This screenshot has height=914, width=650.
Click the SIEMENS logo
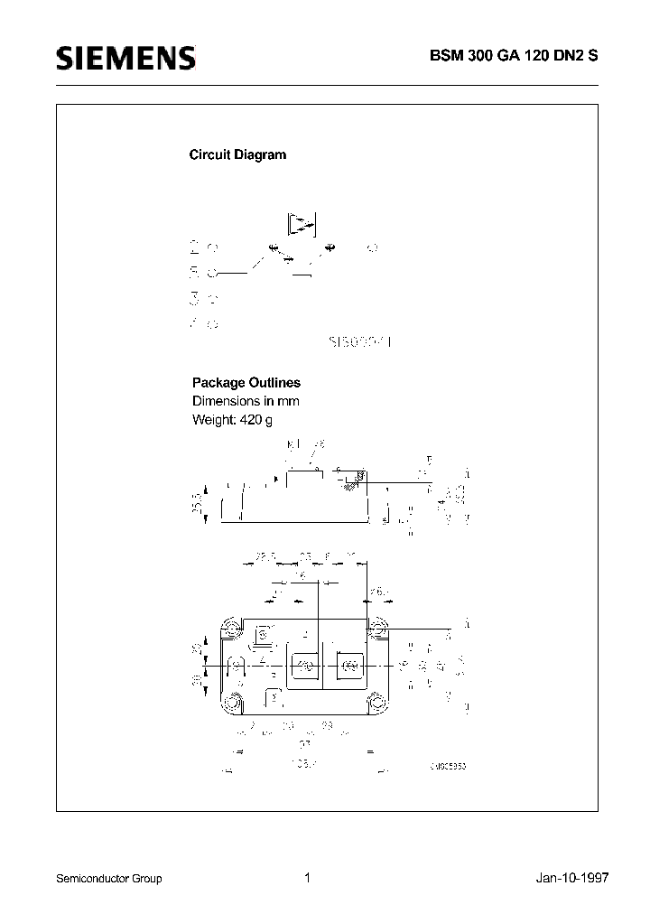(x=125, y=59)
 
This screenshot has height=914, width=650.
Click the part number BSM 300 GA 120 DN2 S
(x=518, y=54)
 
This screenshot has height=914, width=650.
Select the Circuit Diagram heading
(x=237, y=154)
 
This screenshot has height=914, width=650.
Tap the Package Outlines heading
(x=246, y=383)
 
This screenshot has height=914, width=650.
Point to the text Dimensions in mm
(x=246, y=401)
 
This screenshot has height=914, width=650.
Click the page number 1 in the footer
(x=308, y=878)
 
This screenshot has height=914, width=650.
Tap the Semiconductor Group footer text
(x=109, y=879)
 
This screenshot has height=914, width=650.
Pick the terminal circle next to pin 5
(x=213, y=271)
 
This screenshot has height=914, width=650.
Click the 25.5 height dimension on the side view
(x=198, y=501)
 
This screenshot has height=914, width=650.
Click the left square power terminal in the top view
(x=305, y=667)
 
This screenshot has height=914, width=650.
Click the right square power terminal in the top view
(x=348, y=667)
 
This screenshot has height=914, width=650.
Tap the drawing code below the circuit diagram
(x=362, y=342)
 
